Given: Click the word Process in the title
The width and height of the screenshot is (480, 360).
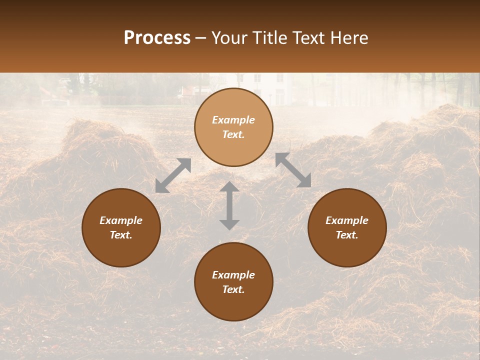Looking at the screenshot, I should click(x=157, y=38).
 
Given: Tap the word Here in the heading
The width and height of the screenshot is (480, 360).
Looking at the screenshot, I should click(x=348, y=38).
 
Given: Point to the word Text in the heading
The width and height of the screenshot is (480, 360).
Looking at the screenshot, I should click(x=307, y=38).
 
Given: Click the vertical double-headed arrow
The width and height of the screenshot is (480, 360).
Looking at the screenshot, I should click(x=229, y=205).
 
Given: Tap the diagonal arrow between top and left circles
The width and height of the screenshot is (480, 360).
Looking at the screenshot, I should click(x=173, y=175).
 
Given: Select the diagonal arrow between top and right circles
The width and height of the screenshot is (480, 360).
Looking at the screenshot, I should click(x=293, y=170).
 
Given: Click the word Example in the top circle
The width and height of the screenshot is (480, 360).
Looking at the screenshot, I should click(x=233, y=120).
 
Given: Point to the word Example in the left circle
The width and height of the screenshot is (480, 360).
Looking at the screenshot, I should click(x=121, y=220).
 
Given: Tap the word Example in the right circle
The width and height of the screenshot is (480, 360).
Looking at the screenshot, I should click(x=347, y=220).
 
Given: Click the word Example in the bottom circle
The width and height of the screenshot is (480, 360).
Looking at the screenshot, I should click(x=233, y=275).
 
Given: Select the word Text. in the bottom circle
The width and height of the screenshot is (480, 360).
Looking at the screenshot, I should click(x=233, y=289).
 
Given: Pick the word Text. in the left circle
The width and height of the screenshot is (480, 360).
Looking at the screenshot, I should click(x=121, y=235).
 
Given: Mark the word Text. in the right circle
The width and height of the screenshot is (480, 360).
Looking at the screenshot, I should click(x=347, y=235).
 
